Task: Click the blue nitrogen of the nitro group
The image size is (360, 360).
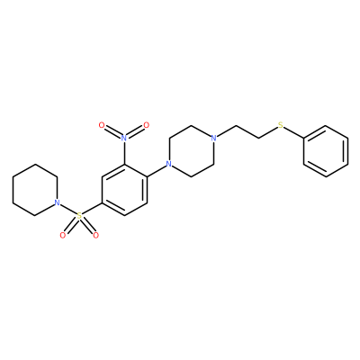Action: (124, 138)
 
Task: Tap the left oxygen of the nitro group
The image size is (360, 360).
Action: (102, 125)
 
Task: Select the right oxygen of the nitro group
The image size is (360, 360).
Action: (146, 125)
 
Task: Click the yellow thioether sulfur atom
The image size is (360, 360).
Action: (281, 125)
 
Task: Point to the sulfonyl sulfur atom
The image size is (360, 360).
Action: (79, 215)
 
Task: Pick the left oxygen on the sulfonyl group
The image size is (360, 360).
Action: (63, 235)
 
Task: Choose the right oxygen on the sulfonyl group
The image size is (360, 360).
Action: (95, 235)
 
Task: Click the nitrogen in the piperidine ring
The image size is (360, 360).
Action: (57, 202)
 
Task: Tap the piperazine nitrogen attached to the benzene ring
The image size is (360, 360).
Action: (169, 164)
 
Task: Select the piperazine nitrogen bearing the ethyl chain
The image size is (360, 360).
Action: (213, 138)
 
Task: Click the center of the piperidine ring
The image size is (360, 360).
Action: (35, 190)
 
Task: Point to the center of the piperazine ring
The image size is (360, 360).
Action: (191, 151)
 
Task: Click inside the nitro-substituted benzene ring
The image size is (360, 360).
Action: (124, 190)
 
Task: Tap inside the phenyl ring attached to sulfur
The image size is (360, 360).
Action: (326, 151)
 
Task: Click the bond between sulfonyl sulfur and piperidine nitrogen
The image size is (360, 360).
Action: (68, 209)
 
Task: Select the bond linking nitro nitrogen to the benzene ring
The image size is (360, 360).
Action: (124, 153)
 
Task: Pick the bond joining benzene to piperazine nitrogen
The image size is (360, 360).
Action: (156, 170)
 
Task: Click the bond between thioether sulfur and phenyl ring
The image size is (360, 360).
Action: (294, 132)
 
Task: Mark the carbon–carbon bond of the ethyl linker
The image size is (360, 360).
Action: (247, 131)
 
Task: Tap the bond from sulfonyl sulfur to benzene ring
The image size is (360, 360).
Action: (92, 208)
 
